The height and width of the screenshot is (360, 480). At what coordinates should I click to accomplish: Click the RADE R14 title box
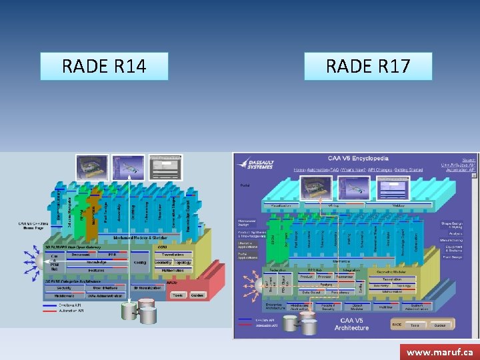[x=104, y=67]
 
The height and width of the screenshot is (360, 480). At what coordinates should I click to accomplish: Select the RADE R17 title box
[x=368, y=67]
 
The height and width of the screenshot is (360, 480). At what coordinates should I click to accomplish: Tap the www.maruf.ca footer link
[x=439, y=351]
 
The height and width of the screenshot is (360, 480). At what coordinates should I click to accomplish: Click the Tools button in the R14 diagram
[x=177, y=295]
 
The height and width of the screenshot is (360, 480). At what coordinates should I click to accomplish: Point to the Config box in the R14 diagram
[x=140, y=262]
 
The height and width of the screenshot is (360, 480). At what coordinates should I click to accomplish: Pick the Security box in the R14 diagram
[x=65, y=287]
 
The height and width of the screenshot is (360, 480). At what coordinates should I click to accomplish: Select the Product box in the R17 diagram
[x=306, y=276]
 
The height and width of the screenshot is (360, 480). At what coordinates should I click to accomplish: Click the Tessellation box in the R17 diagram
[x=390, y=279]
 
